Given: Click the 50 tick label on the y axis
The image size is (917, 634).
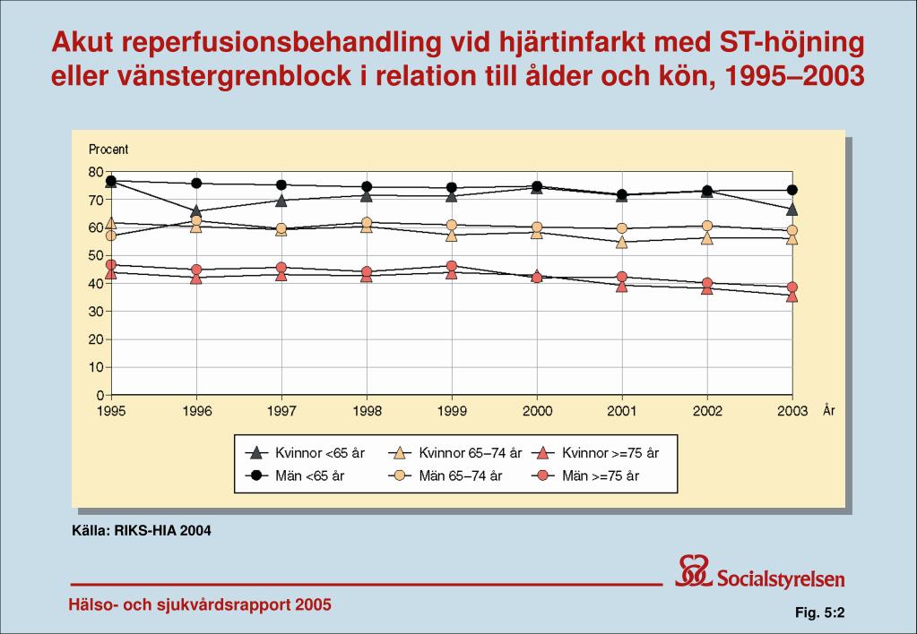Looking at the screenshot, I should click(x=96, y=255).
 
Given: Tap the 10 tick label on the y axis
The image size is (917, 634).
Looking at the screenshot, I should click(x=96, y=367).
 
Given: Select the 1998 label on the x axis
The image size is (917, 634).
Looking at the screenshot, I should click(x=367, y=412).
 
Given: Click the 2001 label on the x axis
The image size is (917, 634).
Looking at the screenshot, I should click(x=622, y=412).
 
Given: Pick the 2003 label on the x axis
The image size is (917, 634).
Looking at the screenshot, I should click(x=792, y=412).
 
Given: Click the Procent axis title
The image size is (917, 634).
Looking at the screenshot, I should click(x=108, y=150).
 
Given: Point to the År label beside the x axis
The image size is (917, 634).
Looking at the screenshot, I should click(x=828, y=410).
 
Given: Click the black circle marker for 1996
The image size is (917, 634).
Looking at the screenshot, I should click(x=196, y=184).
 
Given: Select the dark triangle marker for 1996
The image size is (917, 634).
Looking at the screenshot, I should click(x=196, y=211).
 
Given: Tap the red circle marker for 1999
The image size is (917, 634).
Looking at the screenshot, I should click(x=452, y=266).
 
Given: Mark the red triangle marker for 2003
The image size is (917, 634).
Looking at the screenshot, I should click(x=792, y=295).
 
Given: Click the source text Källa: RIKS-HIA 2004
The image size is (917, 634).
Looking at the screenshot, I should click(x=142, y=531).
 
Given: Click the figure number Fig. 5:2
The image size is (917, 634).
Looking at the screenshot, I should click(x=822, y=613).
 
